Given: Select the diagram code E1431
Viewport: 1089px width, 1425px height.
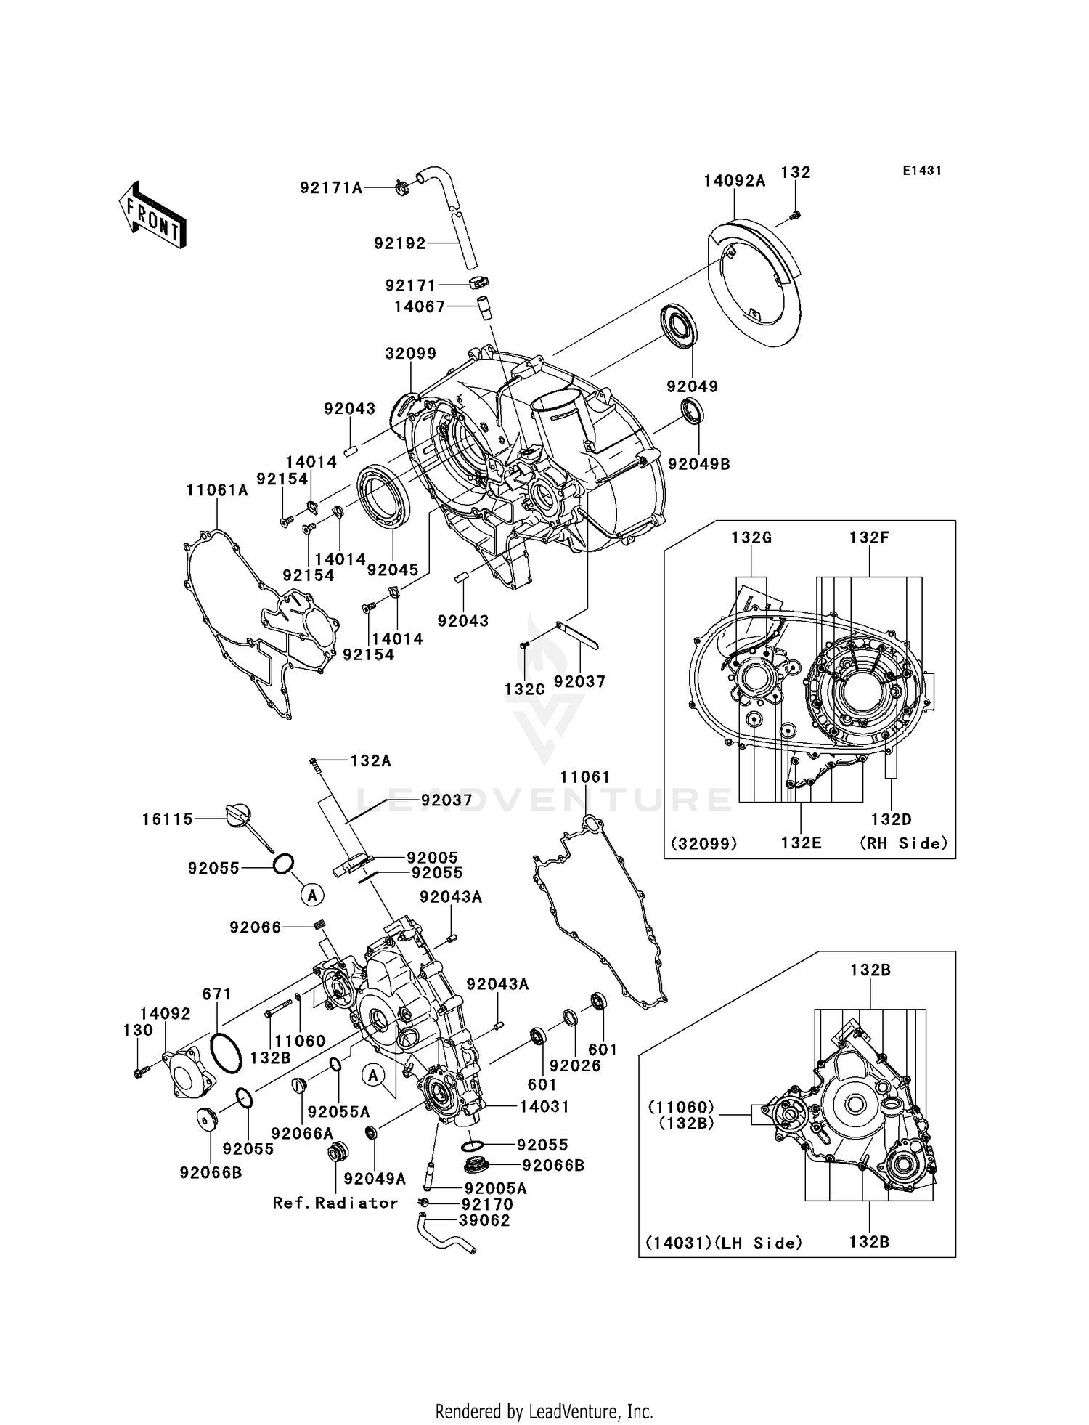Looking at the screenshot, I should pyautogui.click(x=921, y=171).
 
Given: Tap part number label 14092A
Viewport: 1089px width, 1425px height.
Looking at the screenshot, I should pyautogui.click(x=734, y=181).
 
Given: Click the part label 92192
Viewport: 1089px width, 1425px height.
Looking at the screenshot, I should pyautogui.click(x=400, y=244).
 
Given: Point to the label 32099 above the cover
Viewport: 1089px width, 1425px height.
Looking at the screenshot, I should pyautogui.click(x=411, y=354).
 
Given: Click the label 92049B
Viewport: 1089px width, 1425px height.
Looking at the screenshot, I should pyautogui.click(x=698, y=463).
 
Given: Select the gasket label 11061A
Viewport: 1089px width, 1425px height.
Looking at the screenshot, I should pyautogui.click(x=217, y=490).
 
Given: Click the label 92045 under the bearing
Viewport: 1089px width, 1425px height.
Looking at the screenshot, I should pyautogui.click(x=393, y=569).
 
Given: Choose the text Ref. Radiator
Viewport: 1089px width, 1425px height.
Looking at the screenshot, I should pyautogui.click(x=335, y=1203).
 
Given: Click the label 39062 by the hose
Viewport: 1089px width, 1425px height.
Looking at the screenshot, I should pyautogui.click(x=484, y=1220).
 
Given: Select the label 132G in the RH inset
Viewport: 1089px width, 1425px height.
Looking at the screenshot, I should pyautogui.click(x=750, y=537).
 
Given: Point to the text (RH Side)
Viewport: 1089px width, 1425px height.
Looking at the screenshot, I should pyautogui.click(x=904, y=843).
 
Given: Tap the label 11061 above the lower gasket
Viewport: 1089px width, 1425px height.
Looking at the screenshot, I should pyautogui.click(x=585, y=777).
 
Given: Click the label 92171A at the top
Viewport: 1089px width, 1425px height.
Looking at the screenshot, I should pyautogui.click(x=331, y=188).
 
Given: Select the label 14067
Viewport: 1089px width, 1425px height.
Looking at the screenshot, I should pyautogui.click(x=420, y=306).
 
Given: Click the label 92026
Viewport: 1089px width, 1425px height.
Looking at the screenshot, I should pyautogui.click(x=575, y=1065).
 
